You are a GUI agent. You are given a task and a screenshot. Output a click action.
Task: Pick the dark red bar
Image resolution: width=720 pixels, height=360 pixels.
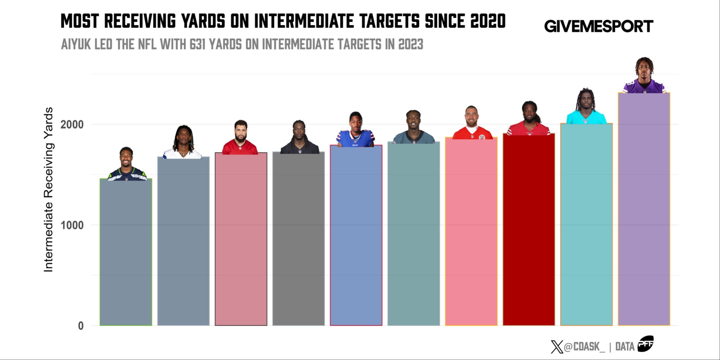click(x=528, y=229)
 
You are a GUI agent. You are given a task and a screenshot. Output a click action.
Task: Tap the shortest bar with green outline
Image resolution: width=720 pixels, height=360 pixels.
click(x=126, y=252)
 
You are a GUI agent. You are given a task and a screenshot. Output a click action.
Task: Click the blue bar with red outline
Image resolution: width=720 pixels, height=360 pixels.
click(x=356, y=235)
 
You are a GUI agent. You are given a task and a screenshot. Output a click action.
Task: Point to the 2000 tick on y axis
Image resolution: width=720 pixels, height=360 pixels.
click(x=72, y=124)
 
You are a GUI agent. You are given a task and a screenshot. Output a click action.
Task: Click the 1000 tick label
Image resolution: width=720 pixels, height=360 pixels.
click(x=72, y=225)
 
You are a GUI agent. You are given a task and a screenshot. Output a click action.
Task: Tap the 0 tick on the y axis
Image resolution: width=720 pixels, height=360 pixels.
click(x=80, y=326)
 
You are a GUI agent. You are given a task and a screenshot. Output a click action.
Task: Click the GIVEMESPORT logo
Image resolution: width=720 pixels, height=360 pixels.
click(x=598, y=26)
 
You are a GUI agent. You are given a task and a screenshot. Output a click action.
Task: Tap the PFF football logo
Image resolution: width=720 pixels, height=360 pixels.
click(x=645, y=343)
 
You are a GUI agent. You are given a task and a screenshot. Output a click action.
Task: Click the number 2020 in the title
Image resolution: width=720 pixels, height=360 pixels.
click(x=488, y=21)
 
